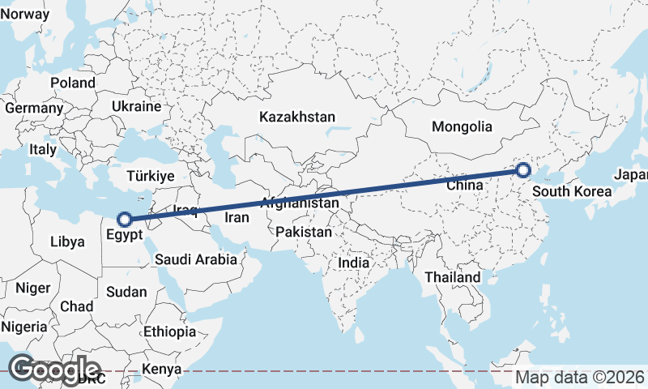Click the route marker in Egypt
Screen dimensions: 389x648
[125, 219]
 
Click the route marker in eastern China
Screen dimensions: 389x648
[523, 170]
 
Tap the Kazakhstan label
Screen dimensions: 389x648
[297, 118]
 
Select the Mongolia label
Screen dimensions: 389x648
[462, 126]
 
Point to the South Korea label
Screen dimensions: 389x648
[571, 192]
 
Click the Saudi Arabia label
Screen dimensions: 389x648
[196, 260]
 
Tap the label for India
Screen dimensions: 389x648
[353, 263]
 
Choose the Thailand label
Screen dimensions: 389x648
[453, 277]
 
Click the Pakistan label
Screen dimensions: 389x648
[304, 232]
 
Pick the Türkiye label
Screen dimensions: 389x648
[151, 176]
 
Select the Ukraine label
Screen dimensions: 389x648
[137, 106]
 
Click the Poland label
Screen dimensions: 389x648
[72, 83]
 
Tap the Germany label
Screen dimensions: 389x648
[33, 108]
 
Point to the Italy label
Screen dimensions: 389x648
[43, 150]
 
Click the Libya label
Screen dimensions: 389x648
[67, 242]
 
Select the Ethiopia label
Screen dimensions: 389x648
[170, 331]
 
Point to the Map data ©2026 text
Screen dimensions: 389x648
[580, 378]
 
